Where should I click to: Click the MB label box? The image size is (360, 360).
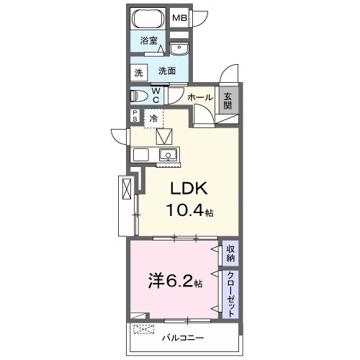(179, 18)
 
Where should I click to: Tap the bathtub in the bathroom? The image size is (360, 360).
(149, 19)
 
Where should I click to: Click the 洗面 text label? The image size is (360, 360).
(168, 71)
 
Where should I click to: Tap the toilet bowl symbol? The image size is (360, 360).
(141, 95)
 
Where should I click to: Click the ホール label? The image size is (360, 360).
(199, 96)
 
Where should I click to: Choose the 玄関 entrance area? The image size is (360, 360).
(228, 101)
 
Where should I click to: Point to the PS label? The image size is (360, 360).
(135, 117)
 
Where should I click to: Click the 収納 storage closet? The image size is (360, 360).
(230, 252)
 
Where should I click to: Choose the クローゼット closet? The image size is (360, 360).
(230, 293)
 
